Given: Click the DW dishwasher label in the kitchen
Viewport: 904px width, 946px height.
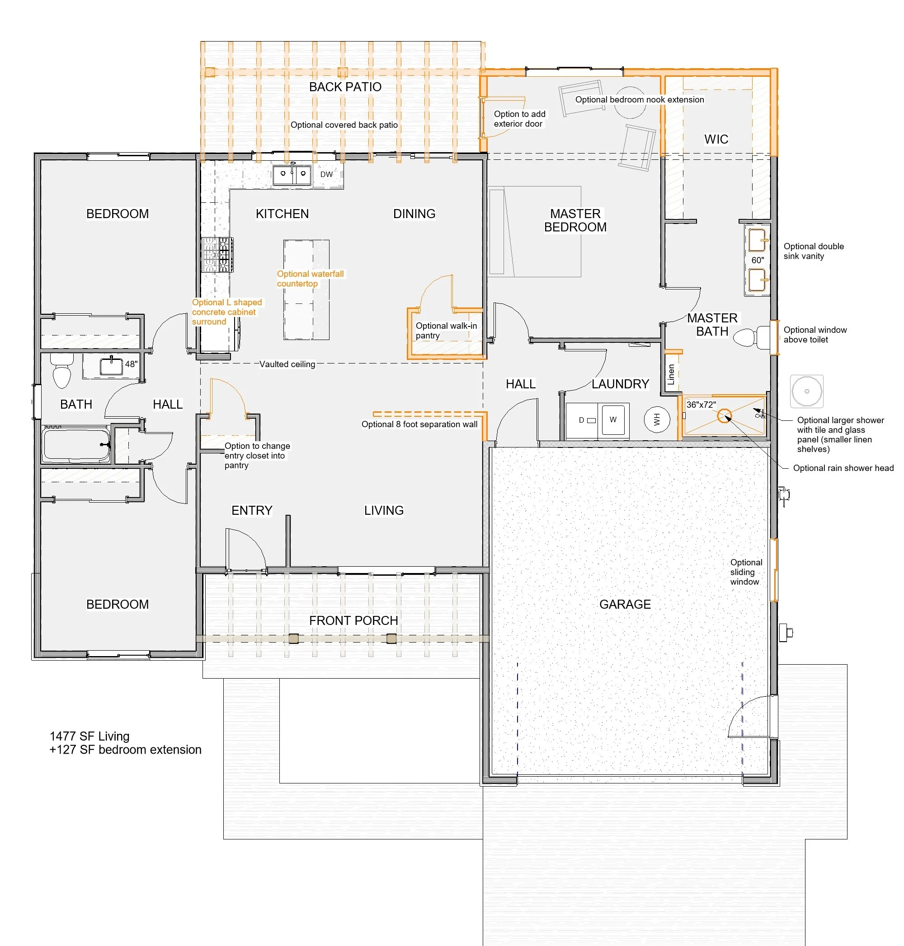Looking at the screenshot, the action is point(326,174).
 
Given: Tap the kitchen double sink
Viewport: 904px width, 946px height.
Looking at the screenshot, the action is point(292,174).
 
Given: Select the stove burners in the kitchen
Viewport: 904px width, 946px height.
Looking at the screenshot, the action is point(217,255).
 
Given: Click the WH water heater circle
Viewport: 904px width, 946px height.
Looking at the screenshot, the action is point(656,420).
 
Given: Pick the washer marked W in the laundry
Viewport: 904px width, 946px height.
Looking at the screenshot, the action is point(613,420).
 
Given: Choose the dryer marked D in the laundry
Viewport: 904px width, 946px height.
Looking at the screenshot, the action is point(582,420).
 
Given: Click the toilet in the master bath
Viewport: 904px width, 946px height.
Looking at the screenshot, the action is point(752,337).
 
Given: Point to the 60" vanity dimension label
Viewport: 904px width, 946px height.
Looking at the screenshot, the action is point(758,261).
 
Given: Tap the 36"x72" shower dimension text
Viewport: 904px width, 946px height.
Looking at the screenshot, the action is point(701,405).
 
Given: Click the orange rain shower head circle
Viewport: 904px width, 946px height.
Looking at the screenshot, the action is point(724,415).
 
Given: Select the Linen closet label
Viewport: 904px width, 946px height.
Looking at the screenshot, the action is point(671,374).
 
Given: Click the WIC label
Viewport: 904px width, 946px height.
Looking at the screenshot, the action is point(716,140).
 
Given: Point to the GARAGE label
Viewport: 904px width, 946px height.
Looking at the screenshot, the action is point(625,604).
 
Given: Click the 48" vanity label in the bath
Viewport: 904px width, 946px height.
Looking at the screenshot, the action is point(131,364).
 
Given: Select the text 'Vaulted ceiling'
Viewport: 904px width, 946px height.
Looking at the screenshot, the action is point(287,364).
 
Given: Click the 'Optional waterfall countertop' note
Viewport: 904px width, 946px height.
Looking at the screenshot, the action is point(311,279).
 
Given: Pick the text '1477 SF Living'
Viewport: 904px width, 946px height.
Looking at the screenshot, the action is point(89,736).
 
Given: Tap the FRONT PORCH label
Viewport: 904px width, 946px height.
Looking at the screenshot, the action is point(354,620).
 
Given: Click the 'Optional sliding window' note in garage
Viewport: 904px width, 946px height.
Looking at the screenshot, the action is point(746,572).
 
